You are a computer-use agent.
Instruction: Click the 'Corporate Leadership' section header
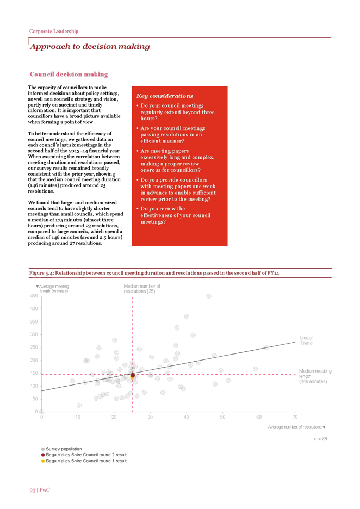53,32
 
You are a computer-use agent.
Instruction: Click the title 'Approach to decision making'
90,47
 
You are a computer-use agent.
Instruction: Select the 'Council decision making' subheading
69,75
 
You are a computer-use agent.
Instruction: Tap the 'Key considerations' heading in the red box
165,96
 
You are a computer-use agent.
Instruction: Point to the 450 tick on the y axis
34,296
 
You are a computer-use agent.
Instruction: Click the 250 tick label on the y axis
34,347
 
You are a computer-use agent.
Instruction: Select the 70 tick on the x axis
295,417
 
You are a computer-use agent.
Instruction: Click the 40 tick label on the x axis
187,417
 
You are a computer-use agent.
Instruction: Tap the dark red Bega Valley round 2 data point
133,375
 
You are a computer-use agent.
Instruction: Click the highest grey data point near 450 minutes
209,296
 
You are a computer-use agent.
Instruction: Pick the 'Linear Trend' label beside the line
306,340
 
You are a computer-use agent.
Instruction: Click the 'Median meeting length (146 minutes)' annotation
315,376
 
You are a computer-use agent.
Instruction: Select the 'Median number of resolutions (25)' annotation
142,289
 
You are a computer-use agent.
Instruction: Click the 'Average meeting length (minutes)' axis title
53,289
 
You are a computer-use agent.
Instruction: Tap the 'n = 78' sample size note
320,439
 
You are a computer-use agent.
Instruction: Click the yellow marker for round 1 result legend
43,461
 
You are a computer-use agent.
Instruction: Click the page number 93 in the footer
33,490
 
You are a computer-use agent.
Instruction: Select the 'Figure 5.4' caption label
41,273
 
